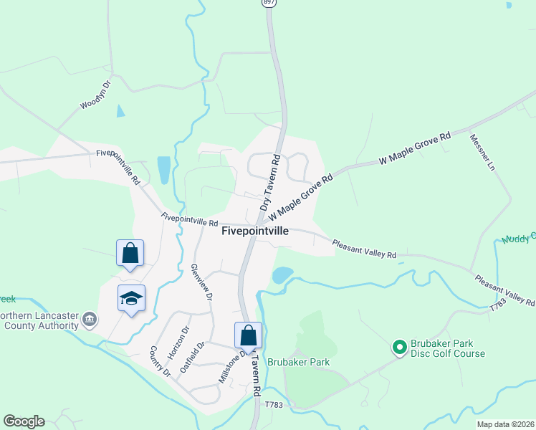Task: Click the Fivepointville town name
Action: pos(255,231)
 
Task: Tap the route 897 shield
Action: pos(267,4)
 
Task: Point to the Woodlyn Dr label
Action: pos(95,95)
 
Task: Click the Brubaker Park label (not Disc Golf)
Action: pos(298,362)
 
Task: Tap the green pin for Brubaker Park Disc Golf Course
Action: pos(399,348)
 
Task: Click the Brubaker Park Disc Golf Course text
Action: pos(447,348)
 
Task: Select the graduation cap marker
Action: pos(131,298)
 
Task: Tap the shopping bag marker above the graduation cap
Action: pos(130,253)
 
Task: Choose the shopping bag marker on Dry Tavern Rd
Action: pos(248,335)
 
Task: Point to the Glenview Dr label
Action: pos(201,282)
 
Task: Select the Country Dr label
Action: pos(159,361)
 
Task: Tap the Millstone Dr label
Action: pos(234,364)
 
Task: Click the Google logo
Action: pos(24,421)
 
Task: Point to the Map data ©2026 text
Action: pos(505,424)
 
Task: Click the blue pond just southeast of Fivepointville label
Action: pos(282,275)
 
